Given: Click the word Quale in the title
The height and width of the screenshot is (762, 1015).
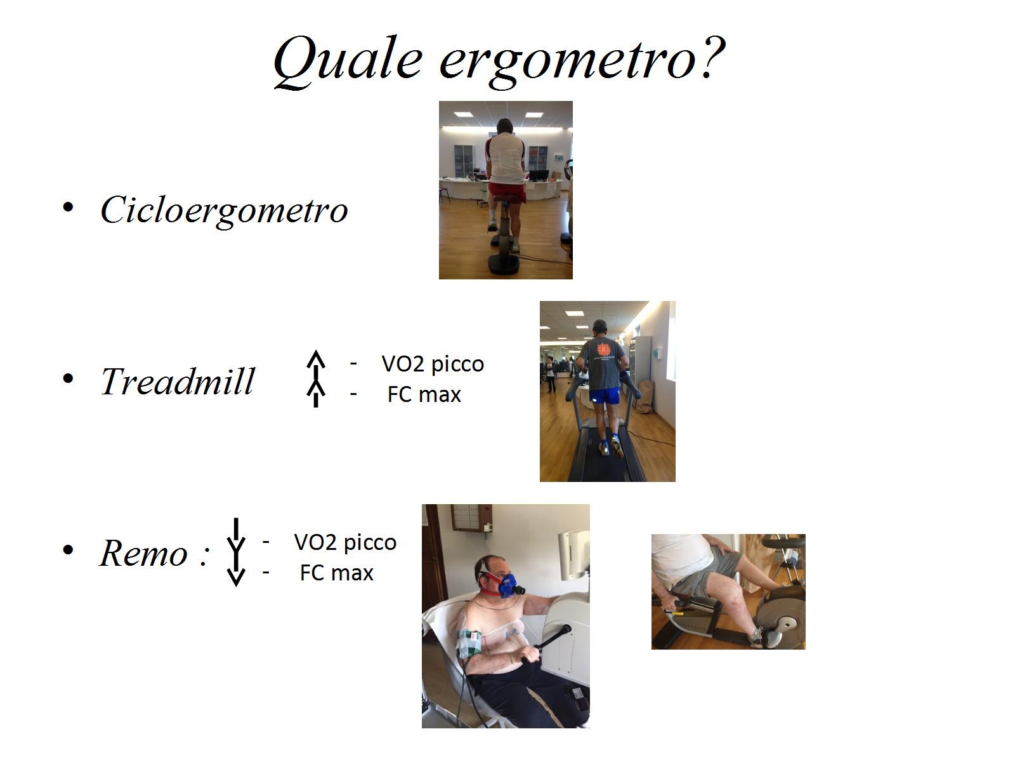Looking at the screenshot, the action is click(348, 61).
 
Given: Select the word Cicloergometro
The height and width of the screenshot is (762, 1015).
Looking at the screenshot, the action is click(225, 211).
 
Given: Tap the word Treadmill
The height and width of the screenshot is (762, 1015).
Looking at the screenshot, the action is click(178, 381).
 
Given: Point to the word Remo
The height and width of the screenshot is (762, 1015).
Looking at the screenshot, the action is click(144, 552).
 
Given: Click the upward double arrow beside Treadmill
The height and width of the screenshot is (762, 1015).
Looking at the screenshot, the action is click(316, 378).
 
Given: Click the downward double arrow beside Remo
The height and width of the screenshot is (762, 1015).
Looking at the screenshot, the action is click(236, 552).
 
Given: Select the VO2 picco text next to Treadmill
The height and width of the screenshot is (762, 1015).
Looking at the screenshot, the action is click(433, 364).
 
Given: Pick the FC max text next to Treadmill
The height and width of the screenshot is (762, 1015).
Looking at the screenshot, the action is click(424, 394).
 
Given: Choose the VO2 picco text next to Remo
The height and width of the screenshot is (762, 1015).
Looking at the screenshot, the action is click(345, 543).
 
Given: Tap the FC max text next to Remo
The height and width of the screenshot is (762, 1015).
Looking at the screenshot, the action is click(337, 573).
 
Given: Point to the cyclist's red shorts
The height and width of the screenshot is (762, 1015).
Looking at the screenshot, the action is click(507, 192).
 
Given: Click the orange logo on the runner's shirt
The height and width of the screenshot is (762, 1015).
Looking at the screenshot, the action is click(603, 349).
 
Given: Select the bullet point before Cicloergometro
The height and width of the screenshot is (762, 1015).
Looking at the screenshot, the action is click(68, 207).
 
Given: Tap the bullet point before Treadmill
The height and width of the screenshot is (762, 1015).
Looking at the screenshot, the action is click(68, 379).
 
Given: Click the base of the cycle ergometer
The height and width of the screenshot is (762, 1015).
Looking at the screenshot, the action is click(504, 264).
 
